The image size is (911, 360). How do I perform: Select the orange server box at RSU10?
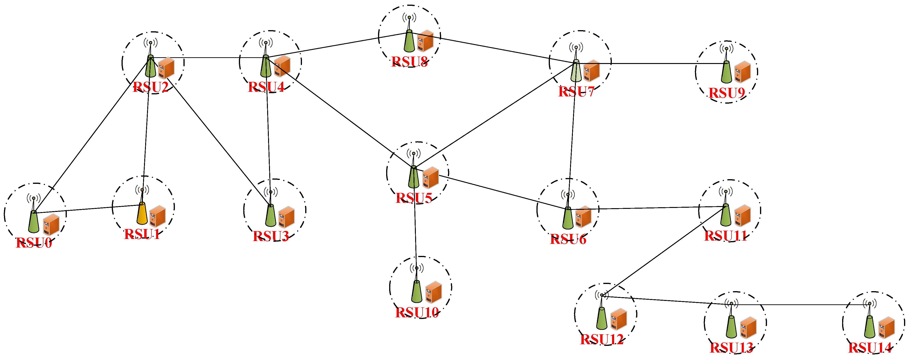coord(433,292)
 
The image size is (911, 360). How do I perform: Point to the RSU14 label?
coord(870,348)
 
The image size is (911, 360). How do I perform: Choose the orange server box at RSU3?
coord(286,217)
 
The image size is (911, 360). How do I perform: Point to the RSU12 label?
coord(602,340)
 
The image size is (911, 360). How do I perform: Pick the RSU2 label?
coord(150,87)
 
